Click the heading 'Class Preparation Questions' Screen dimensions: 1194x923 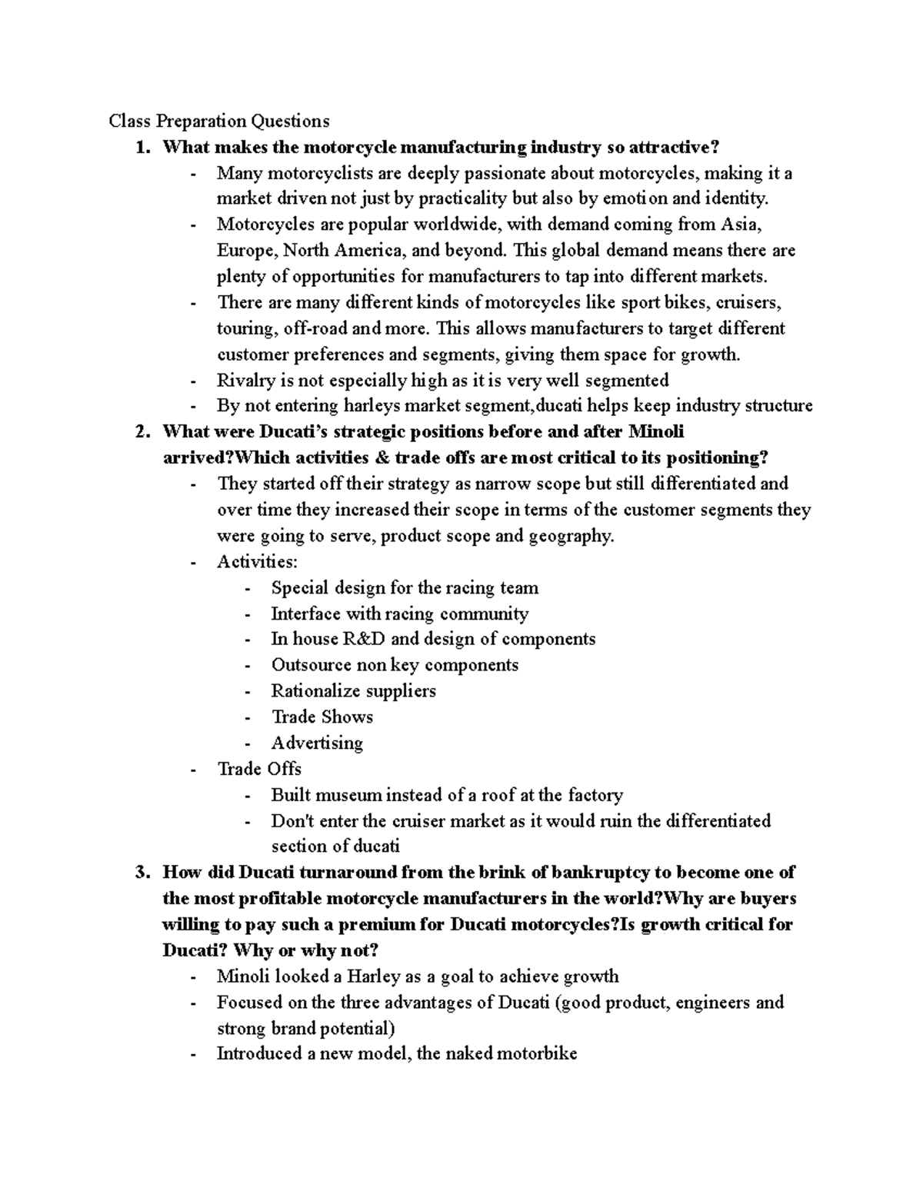tap(218, 121)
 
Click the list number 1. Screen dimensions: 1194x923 tap(141, 147)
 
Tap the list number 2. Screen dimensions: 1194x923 tap(141, 431)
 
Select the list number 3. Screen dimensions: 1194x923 tap(141, 873)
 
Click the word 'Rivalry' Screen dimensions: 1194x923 tap(245, 380)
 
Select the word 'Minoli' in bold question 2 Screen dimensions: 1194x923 tap(655, 431)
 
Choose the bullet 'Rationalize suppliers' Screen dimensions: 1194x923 tap(353, 690)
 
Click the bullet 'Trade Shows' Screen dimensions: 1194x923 tap(322, 717)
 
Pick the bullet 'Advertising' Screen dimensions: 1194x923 tap(317, 743)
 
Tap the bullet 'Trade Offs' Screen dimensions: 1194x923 tap(259, 769)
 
